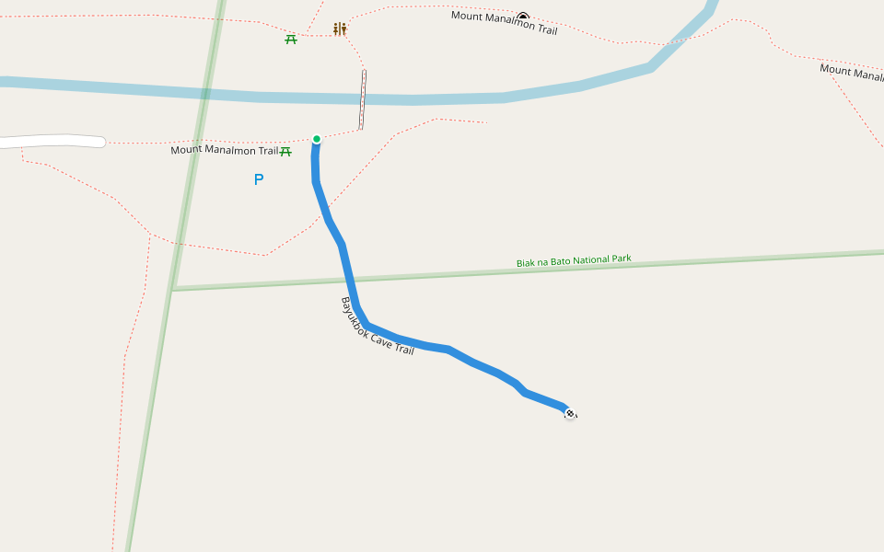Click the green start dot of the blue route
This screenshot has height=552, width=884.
coord(317,140)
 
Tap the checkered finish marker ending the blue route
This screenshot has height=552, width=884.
coord(570,414)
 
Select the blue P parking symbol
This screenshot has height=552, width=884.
coord(259,179)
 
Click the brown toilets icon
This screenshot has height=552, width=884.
coord(340,29)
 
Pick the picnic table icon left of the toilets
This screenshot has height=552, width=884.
coord(291,39)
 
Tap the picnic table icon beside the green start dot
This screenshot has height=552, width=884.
coord(285,151)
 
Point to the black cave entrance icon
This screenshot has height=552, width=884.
coord(523,17)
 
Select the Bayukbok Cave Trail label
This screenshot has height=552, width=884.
coord(378,326)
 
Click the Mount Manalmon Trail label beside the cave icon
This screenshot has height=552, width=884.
coord(504,23)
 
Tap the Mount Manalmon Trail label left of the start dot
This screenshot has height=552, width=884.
coord(224,150)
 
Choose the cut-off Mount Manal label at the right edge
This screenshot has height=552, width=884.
coord(851,72)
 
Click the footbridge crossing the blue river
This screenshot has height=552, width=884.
coord(363,99)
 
